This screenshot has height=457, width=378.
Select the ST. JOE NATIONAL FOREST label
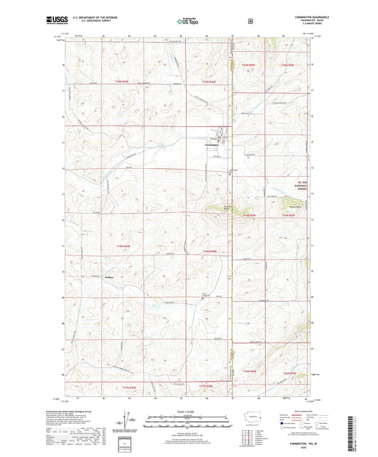pos(304,186)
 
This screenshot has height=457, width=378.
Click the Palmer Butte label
pos(298,207)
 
